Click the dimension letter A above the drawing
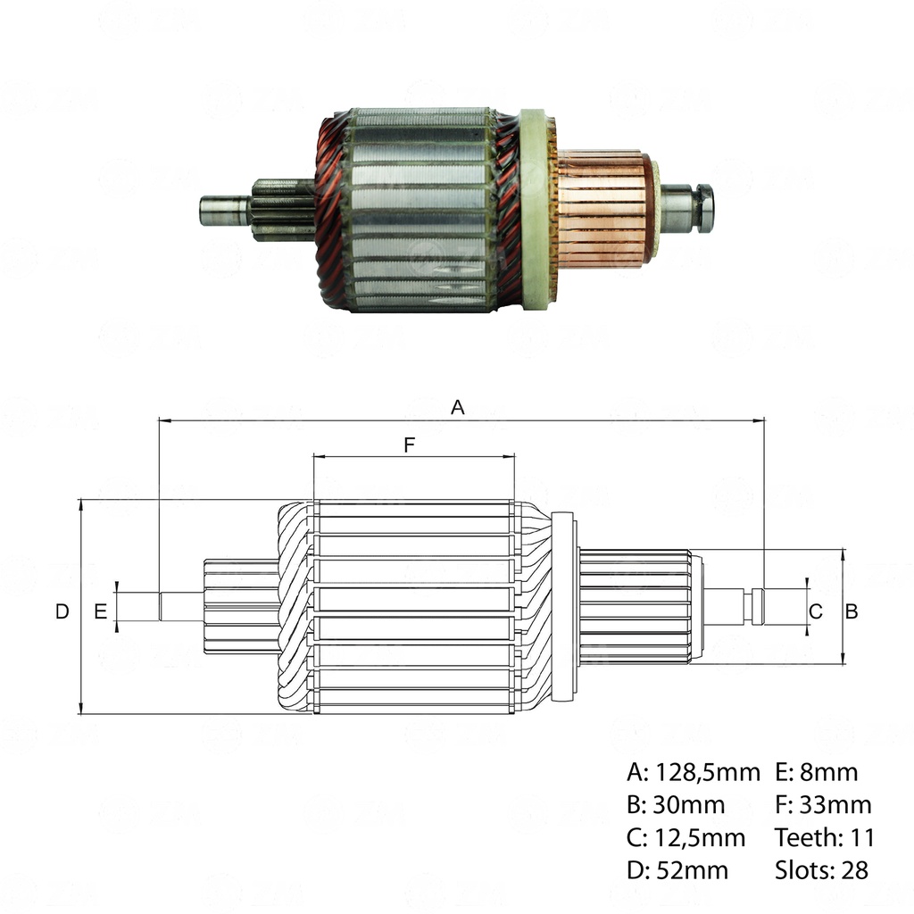(458, 407)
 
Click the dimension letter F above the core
(410, 445)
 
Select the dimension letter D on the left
(62, 611)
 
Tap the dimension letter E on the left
(100, 611)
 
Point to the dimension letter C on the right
(815, 611)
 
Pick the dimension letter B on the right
(852, 611)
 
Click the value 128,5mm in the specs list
(708, 772)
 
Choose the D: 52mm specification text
(677, 869)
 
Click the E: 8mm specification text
(816, 772)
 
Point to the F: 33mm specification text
(823, 805)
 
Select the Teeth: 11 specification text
(825, 837)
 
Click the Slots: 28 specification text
(821, 869)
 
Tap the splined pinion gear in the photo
(282, 210)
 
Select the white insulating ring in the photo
(534, 210)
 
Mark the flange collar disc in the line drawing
(564, 607)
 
